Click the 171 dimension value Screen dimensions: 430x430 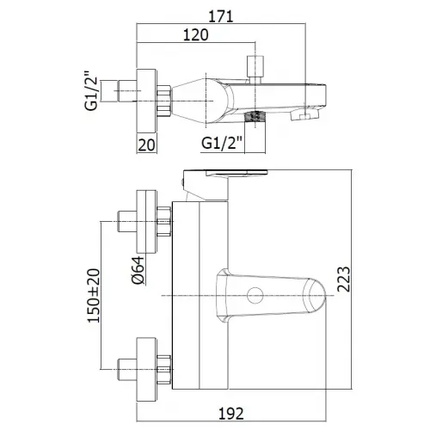coord(221,16)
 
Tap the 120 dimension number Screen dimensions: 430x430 coord(196,34)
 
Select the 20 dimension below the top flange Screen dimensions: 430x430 coord(146,145)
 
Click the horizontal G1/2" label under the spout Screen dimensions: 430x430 coord(222,143)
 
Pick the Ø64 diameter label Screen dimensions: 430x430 coord(138,270)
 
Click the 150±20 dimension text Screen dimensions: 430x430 coord(94,296)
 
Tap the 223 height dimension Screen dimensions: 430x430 coord(343,279)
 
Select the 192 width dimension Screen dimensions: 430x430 coord(231,414)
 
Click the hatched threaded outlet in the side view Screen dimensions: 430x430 coord(255,116)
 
